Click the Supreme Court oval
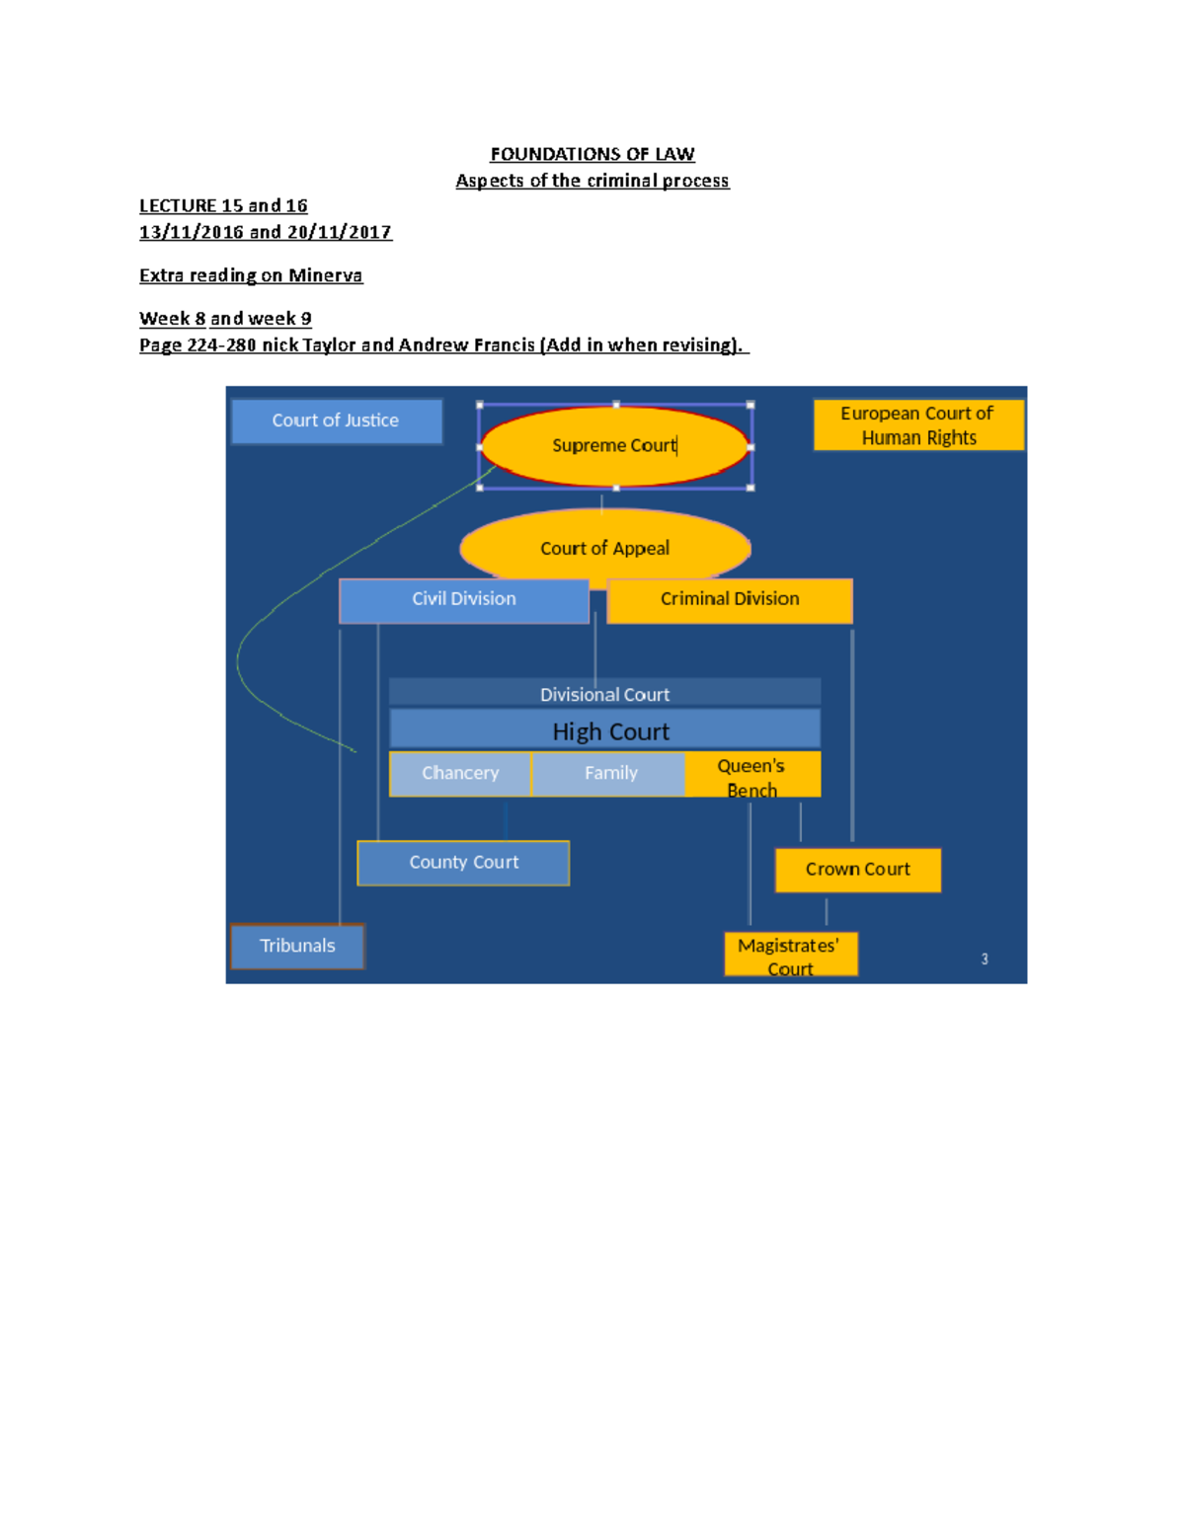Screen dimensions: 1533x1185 click(x=614, y=446)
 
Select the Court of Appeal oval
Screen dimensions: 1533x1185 click(x=604, y=546)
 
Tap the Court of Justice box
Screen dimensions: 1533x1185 click(x=336, y=421)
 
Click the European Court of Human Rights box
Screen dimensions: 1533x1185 click(x=918, y=425)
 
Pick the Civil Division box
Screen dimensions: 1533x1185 click(x=464, y=599)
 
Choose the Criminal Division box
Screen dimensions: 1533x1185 click(x=730, y=599)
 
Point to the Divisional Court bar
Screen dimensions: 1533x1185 click(x=604, y=694)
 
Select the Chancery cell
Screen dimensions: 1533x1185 click(x=460, y=773)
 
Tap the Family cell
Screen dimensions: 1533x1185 click(x=609, y=773)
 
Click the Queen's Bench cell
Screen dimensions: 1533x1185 click(x=752, y=775)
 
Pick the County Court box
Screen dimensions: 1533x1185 click(x=463, y=863)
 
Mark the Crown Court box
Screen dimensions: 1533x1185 click(x=857, y=870)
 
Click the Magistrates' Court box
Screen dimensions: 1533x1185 click(x=790, y=955)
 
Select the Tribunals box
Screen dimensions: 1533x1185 click(x=297, y=946)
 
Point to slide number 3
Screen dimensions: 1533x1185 click(x=985, y=958)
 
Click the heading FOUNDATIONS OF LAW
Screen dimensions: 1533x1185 click(x=592, y=154)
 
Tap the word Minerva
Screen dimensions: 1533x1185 click(x=325, y=275)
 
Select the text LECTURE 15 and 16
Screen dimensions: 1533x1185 click(x=223, y=205)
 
